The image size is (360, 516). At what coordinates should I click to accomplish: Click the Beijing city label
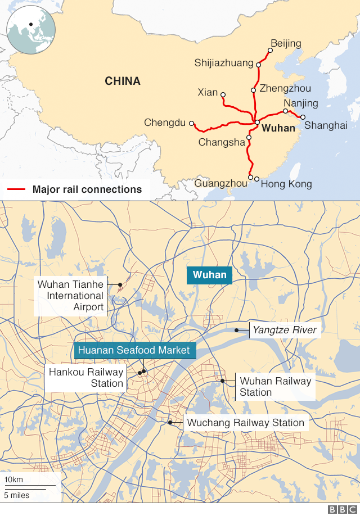click(x=286, y=43)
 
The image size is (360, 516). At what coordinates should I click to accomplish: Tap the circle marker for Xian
click(x=223, y=94)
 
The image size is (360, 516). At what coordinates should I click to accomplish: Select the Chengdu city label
click(x=164, y=122)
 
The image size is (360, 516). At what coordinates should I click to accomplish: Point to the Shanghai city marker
click(x=303, y=117)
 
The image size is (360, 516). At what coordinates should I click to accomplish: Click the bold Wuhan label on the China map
click(x=278, y=128)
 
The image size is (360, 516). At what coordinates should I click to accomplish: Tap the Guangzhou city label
click(x=220, y=183)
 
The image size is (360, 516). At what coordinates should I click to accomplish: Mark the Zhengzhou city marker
click(x=254, y=90)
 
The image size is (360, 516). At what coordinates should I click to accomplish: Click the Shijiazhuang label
click(x=224, y=63)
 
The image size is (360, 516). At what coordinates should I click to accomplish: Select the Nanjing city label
click(x=301, y=103)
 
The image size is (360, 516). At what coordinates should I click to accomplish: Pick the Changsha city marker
click(x=249, y=135)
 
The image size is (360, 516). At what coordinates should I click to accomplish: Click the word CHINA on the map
click(x=123, y=82)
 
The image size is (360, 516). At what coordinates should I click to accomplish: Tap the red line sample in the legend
click(x=16, y=189)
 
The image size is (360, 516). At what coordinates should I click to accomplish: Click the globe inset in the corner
click(x=30, y=28)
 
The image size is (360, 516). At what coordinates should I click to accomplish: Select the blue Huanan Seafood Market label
click(x=134, y=350)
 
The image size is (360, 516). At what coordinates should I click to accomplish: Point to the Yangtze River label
click(x=285, y=330)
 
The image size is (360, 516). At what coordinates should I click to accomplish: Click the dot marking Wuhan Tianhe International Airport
click(x=120, y=285)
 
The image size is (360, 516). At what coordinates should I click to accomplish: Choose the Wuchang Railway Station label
click(x=245, y=423)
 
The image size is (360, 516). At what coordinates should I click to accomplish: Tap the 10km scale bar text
click(x=13, y=479)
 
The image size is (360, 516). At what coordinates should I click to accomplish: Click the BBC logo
click(x=340, y=509)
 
